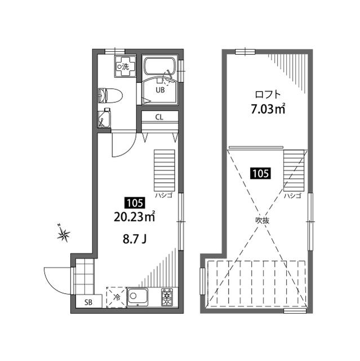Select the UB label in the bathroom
tap(160, 90)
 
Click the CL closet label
tap(159, 117)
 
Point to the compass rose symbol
tap(65, 234)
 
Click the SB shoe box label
tap(88, 302)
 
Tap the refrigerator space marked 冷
tap(115, 297)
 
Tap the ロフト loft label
tap(268, 94)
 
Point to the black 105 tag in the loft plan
tap(261, 174)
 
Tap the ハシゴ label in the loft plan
tap(292, 196)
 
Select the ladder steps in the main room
tap(165, 169)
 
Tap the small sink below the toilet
tap(105, 118)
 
